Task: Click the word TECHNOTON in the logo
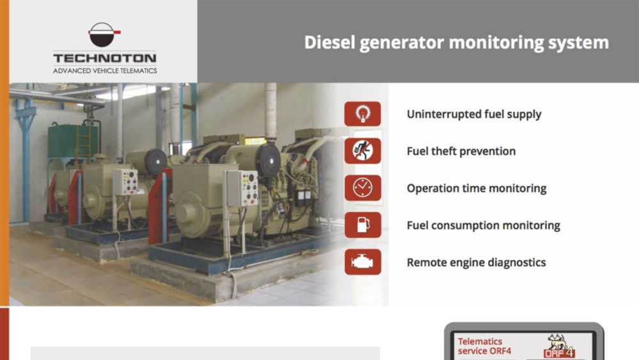click(x=105, y=58)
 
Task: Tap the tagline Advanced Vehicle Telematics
click(x=105, y=70)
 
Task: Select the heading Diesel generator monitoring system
click(x=456, y=42)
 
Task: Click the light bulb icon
click(x=362, y=114)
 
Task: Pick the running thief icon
click(x=362, y=151)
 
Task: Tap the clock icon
click(x=362, y=188)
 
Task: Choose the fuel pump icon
click(x=362, y=225)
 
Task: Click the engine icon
click(x=362, y=262)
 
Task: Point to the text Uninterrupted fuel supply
click(x=473, y=114)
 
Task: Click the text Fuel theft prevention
click(x=461, y=152)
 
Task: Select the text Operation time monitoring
click(x=476, y=189)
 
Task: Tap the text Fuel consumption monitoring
click(x=483, y=226)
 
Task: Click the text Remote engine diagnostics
click(x=476, y=263)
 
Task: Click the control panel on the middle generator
click(x=125, y=182)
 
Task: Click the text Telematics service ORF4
click(x=484, y=346)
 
